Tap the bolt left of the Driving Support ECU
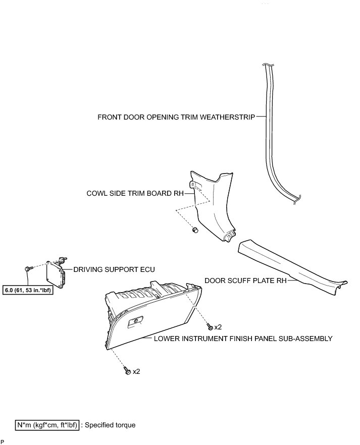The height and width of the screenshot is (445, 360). (x=27, y=267)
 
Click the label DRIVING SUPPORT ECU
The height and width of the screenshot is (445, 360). (x=114, y=270)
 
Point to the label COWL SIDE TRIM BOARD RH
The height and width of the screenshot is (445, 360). (x=136, y=193)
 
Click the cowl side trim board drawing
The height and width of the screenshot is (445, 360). (x=215, y=207)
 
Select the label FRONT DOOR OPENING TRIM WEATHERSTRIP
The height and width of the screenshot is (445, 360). (x=176, y=117)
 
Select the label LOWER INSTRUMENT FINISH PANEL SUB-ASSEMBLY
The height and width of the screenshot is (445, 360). (x=243, y=339)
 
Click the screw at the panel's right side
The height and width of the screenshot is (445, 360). (x=210, y=327)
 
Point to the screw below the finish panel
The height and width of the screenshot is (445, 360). (x=127, y=372)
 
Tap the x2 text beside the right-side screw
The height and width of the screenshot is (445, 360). (x=218, y=327)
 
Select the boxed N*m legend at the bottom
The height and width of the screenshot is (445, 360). (x=47, y=425)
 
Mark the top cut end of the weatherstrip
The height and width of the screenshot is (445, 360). (x=267, y=66)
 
